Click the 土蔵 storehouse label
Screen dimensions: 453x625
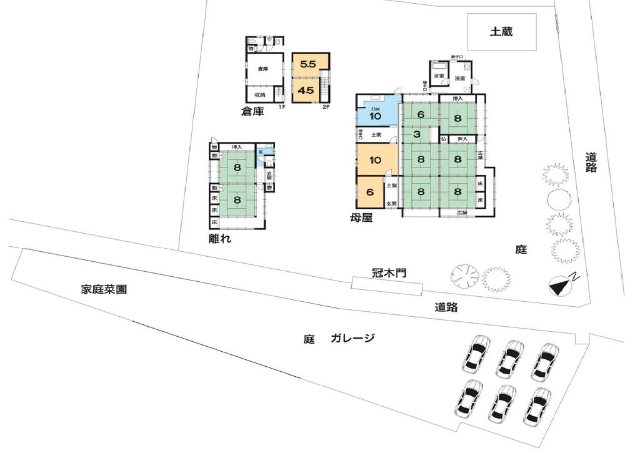point(501,31)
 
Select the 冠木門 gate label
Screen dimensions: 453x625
point(388,274)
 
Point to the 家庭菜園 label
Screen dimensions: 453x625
point(104,289)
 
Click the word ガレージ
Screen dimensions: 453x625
point(354,339)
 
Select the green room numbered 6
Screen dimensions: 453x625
point(421,114)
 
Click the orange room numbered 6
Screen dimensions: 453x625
point(370,192)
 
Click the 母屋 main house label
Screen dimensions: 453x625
point(362,219)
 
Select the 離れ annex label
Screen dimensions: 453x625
point(220,238)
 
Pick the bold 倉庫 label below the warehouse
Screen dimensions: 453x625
point(253,112)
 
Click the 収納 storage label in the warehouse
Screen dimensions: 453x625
point(259,95)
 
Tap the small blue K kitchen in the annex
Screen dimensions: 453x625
point(261,151)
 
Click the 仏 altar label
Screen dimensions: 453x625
point(442,139)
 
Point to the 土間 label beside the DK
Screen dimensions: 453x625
point(376,134)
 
